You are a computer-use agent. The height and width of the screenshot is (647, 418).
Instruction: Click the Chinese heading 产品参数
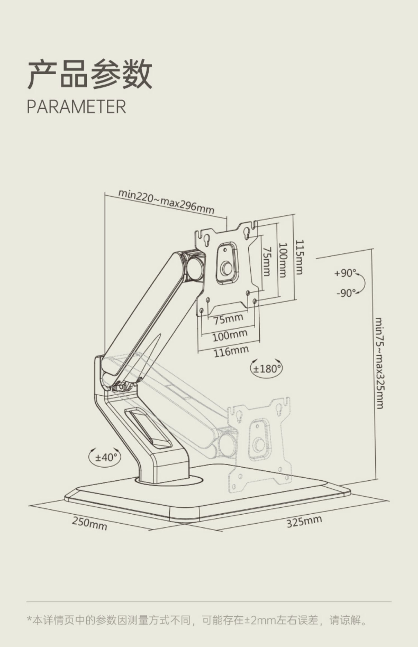(90, 74)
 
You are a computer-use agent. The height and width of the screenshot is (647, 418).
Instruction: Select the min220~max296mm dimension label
(166, 202)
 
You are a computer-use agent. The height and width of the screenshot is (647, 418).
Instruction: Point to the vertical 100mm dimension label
(283, 260)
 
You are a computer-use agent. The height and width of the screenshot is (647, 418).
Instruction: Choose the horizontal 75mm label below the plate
(228, 319)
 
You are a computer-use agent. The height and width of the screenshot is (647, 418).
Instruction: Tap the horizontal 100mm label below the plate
(230, 335)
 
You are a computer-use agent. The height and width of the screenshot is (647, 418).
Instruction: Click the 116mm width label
(231, 351)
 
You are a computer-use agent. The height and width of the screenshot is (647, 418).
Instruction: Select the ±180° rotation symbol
(267, 369)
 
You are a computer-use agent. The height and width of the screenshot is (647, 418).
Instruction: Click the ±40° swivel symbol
(104, 457)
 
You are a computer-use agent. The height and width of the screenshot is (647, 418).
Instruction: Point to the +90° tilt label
(345, 273)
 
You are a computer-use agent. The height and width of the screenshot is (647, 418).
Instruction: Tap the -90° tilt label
(346, 293)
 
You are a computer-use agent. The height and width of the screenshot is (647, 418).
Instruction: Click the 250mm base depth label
(89, 523)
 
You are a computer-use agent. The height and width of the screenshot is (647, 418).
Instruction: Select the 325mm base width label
(304, 521)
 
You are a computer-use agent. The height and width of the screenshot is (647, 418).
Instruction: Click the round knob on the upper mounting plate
(226, 269)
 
